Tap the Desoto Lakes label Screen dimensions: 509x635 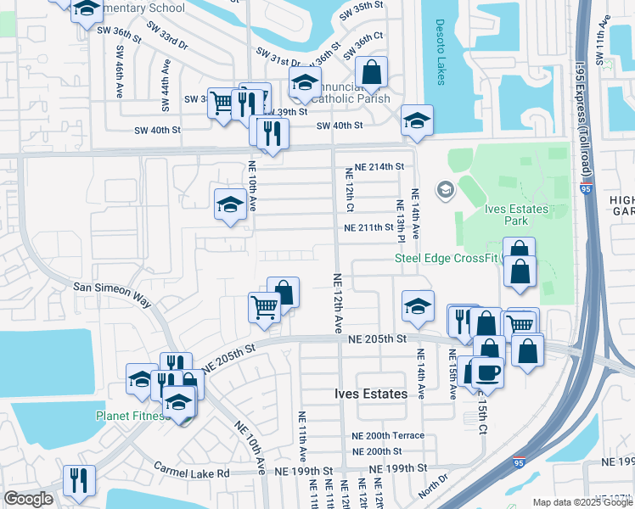click(x=439, y=52)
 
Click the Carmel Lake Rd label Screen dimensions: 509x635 click(x=192, y=467)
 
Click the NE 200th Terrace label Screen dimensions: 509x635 click(x=388, y=435)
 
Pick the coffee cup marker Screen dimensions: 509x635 click(x=487, y=372)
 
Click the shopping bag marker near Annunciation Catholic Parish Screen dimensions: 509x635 click(x=372, y=72)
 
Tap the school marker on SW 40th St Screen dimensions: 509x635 click(x=417, y=120)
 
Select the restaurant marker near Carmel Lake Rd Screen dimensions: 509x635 click(x=78, y=479)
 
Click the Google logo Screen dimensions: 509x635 click(x=28, y=499)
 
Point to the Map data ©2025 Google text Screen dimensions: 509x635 click(x=582, y=502)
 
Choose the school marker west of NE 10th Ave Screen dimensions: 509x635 click(x=230, y=204)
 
